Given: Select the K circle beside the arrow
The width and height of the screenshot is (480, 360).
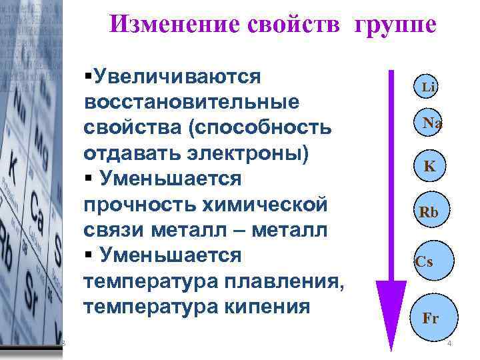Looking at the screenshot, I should (x=430, y=166).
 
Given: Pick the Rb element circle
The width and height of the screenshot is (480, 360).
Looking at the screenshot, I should (x=429, y=212).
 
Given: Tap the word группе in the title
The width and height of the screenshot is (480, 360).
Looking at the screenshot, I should (x=396, y=25).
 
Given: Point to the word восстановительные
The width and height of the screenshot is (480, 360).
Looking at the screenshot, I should (x=191, y=102).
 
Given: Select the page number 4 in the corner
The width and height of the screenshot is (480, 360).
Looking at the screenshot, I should (x=449, y=344).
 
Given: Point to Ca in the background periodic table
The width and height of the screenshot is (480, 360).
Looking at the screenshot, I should (x=37, y=219).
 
